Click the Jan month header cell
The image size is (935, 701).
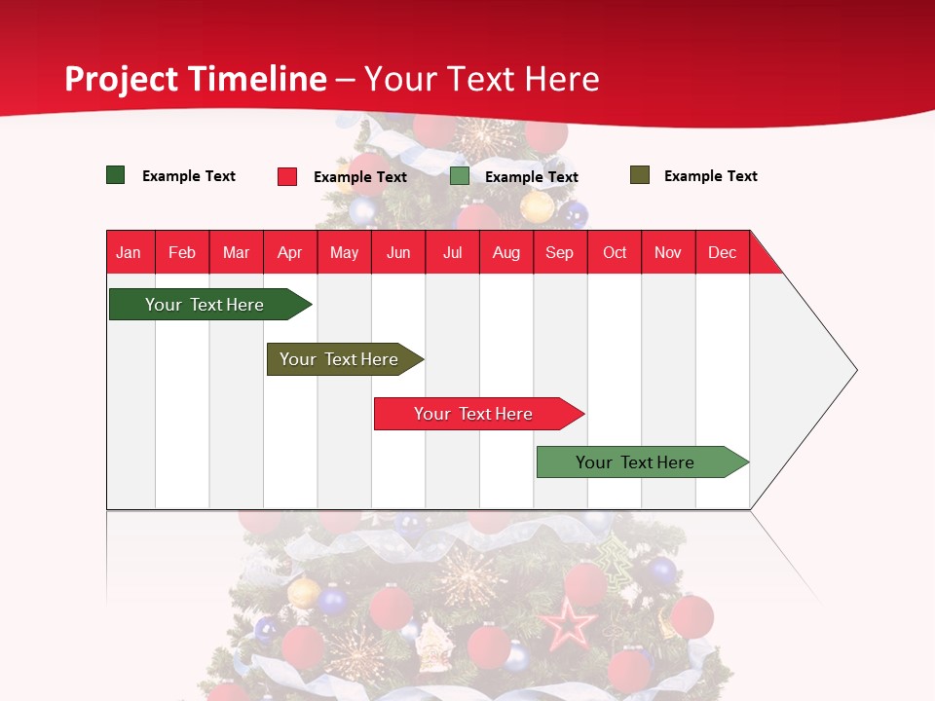pos(130,252)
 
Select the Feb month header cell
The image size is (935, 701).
pos(182,252)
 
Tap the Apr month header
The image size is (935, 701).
pos(290,252)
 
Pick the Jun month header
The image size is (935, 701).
pos(398,252)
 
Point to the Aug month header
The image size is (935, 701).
pos(506,252)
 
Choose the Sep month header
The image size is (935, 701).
pos(560,252)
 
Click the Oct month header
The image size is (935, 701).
pos(615,252)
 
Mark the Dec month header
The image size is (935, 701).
pos(723,252)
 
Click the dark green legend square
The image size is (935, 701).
pos(116,175)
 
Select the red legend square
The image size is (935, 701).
pos(287,176)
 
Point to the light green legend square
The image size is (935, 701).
pos(460,176)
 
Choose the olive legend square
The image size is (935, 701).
pos(640,175)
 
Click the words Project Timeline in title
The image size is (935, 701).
pos(196,79)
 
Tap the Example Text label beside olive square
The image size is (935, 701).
pos(710,176)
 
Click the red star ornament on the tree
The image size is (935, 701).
pos(569,624)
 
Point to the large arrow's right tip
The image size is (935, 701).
pos(854,370)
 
